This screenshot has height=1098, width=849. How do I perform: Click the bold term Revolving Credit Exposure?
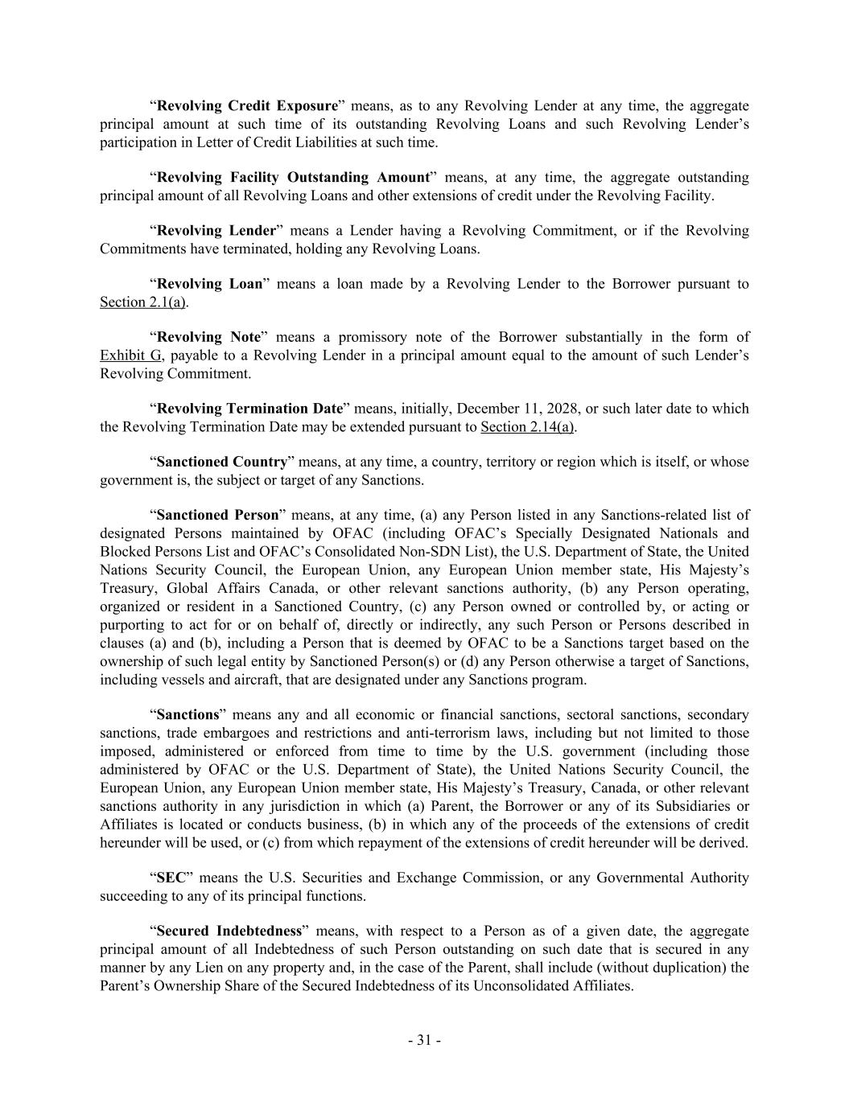[247, 106]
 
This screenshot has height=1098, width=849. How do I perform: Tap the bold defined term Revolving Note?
[208, 337]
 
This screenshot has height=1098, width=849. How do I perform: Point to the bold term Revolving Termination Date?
[249, 409]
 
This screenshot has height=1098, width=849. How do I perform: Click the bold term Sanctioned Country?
[221, 462]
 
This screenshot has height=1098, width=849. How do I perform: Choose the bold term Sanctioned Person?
[217, 515]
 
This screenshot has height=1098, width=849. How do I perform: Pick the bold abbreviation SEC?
[171, 878]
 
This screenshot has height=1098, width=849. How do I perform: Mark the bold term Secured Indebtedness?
[229, 931]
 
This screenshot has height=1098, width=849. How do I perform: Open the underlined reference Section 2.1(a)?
[142, 302]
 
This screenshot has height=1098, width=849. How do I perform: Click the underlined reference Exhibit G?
[130, 356]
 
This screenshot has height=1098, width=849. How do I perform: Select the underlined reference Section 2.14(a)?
[527, 427]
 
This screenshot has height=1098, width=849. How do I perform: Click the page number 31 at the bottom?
[424, 1040]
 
